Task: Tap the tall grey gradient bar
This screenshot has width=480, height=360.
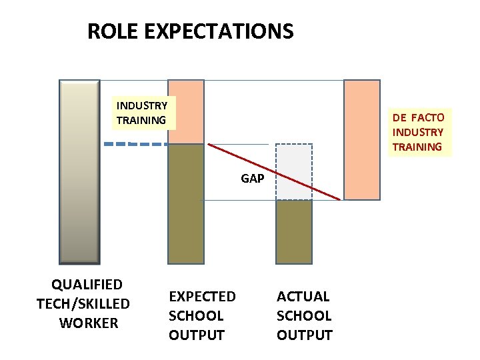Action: click(x=79, y=171)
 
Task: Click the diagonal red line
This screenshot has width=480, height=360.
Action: click(x=273, y=171)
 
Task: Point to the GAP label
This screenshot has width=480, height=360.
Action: click(x=252, y=179)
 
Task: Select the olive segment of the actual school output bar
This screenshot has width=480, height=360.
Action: click(x=294, y=231)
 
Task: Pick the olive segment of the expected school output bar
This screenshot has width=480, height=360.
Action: click(x=185, y=203)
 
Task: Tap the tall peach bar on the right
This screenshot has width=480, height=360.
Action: click(x=361, y=139)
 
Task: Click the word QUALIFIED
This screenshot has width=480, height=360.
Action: click(x=87, y=285)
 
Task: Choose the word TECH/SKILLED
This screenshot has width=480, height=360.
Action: click(x=83, y=304)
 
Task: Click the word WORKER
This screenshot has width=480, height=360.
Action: click(x=88, y=323)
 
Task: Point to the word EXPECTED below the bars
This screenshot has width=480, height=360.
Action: click(x=202, y=296)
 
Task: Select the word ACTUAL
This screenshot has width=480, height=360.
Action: click(x=303, y=296)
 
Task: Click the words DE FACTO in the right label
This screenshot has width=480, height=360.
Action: click(x=418, y=118)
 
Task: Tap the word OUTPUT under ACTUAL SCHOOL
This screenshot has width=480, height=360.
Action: click(x=304, y=335)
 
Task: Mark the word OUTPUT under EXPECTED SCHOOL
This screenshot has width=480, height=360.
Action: click(x=197, y=335)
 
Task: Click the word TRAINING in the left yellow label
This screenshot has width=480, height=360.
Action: click(x=141, y=121)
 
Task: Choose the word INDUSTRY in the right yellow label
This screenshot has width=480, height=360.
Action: click(x=418, y=132)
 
